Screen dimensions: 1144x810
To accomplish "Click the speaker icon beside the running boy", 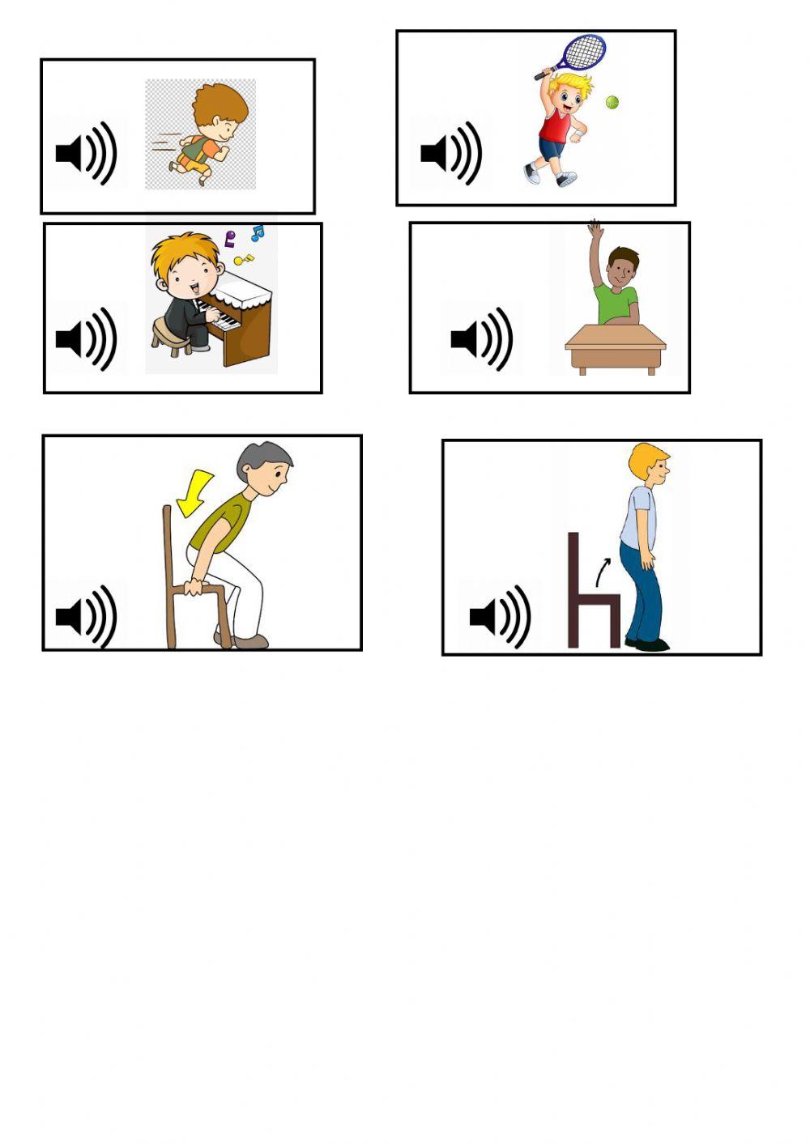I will (86, 152).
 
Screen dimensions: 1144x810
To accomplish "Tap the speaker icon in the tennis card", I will (451, 152).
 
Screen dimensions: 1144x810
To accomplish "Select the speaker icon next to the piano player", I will (86, 338).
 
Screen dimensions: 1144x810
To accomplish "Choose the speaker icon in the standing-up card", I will (500, 617).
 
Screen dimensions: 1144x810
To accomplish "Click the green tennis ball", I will (612, 103).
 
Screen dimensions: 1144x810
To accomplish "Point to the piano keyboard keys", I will (221, 316).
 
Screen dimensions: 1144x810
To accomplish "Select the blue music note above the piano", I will (257, 233).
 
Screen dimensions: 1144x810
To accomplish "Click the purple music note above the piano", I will (230, 239).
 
